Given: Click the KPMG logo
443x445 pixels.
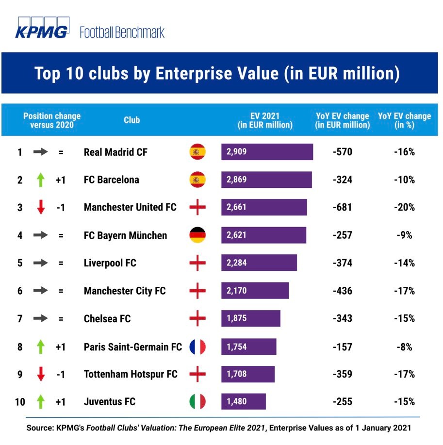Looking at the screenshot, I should tap(42, 29).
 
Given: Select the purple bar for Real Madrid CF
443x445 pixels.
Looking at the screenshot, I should tap(267, 152).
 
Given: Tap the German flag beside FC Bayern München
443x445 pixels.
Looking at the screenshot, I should tap(197, 235).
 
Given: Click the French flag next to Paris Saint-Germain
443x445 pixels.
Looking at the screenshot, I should tap(197, 346).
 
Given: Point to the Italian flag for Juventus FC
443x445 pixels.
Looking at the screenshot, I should tap(197, 402).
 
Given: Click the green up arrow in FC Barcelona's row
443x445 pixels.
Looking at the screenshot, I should tap(41, 180).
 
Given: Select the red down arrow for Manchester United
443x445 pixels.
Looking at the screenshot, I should tap(41, 208).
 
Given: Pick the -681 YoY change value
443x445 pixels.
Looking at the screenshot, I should tap(343, 207).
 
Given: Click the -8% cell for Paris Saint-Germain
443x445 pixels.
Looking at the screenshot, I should tap(404, 346).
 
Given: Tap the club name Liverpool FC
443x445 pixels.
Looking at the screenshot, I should tap(110, 263).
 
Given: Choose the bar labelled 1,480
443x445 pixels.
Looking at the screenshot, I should tap(244, 402).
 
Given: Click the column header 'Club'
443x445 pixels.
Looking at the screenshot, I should tap(131, 120).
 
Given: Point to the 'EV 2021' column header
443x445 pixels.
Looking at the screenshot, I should tap(265, 116).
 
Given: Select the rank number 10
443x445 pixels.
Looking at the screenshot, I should tap(20, 402).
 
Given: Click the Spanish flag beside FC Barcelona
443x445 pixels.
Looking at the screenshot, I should tap(197, 180).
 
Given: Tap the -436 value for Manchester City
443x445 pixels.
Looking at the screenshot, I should tap(343, 291).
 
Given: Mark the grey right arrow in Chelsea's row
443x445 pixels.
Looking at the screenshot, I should tap(41, 319).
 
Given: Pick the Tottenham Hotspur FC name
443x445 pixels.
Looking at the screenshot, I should tap(131, 374).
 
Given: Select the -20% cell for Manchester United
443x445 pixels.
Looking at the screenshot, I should tap(404, 207).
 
